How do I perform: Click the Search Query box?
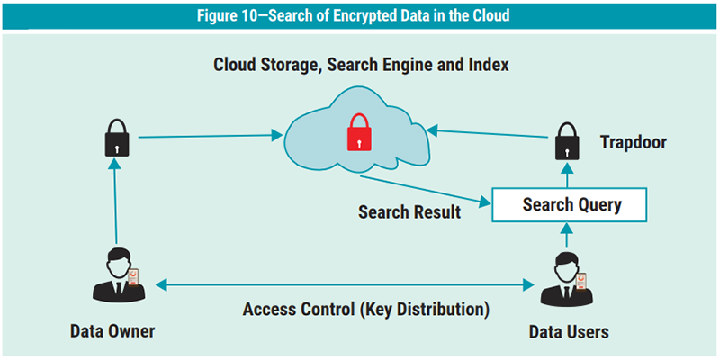click(571, 205)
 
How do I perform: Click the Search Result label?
click(409, 212)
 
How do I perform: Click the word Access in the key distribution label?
click(271, 310)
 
